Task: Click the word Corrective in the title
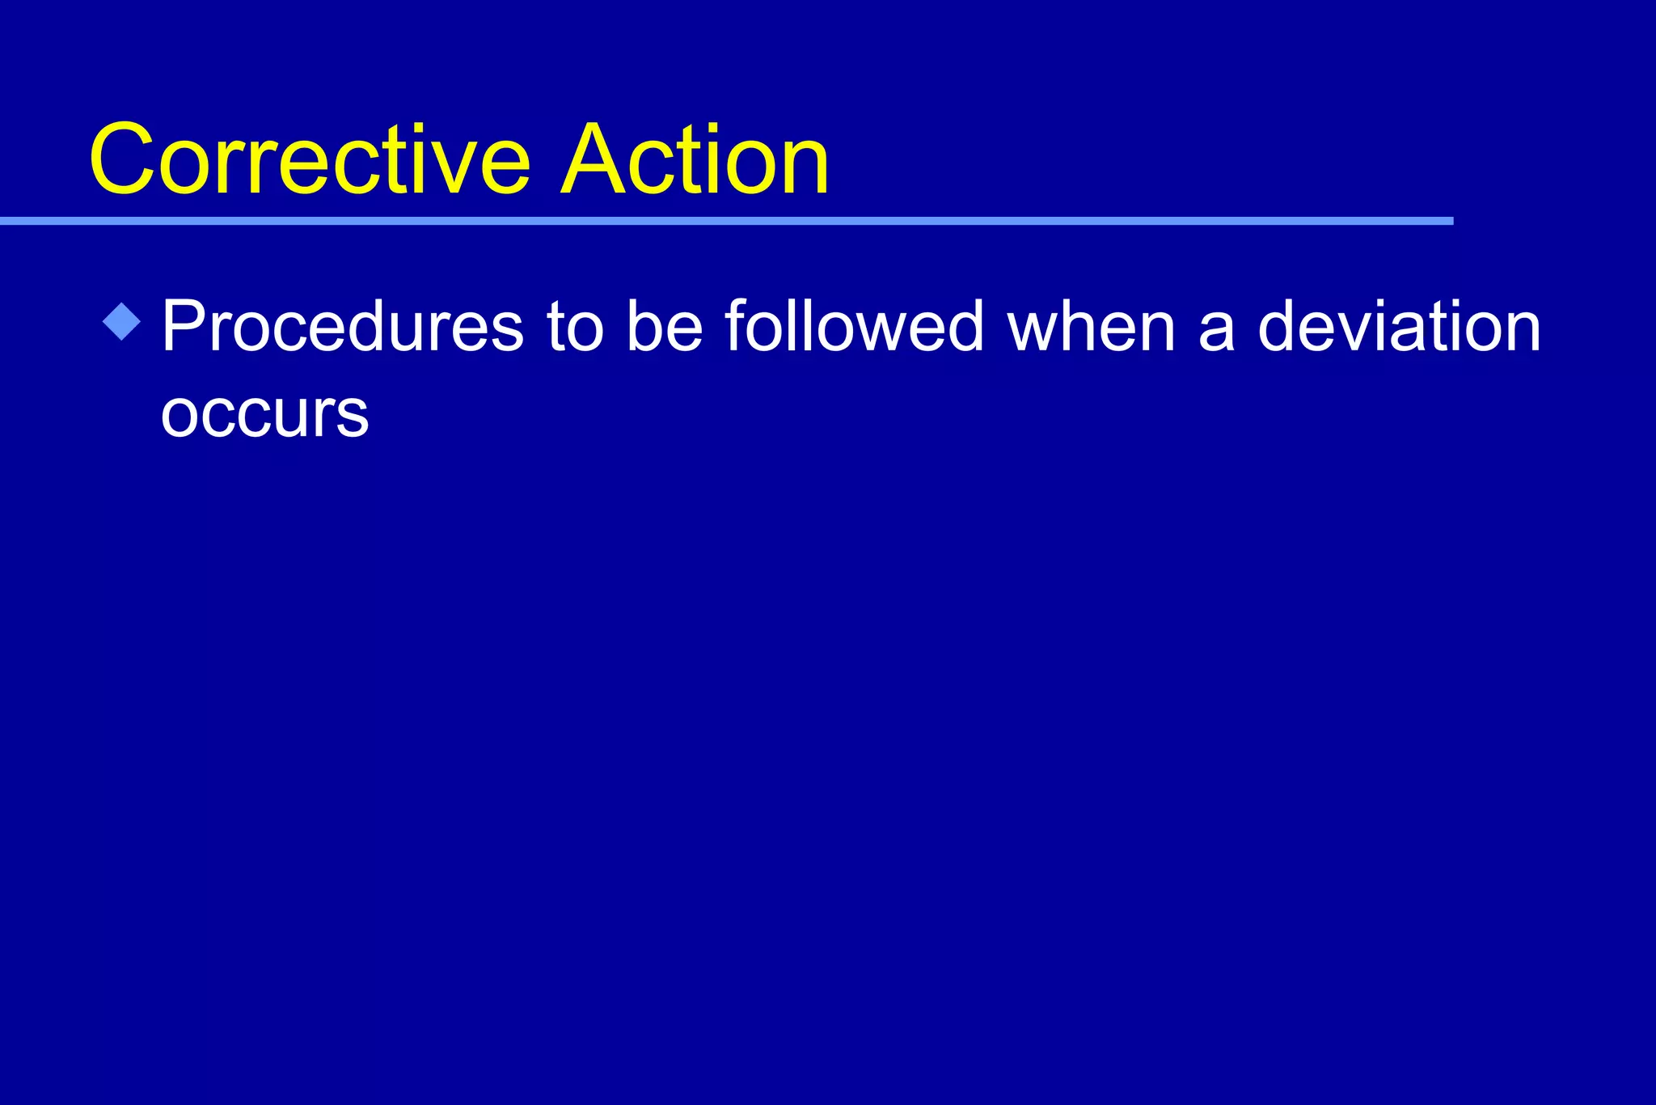(x=310, y=159)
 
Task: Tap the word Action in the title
(x=695, y=159)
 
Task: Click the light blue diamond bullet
(x=122, y=322)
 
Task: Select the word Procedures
(x=343, y=327)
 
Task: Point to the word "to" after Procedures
(x=575, y=327)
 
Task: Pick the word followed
(x=854, y=327)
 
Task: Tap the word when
(x=1091, y=327)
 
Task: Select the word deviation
(x=1400, y=327)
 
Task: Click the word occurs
(x=264, y=414)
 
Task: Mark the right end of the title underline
(x=1451, y=221)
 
